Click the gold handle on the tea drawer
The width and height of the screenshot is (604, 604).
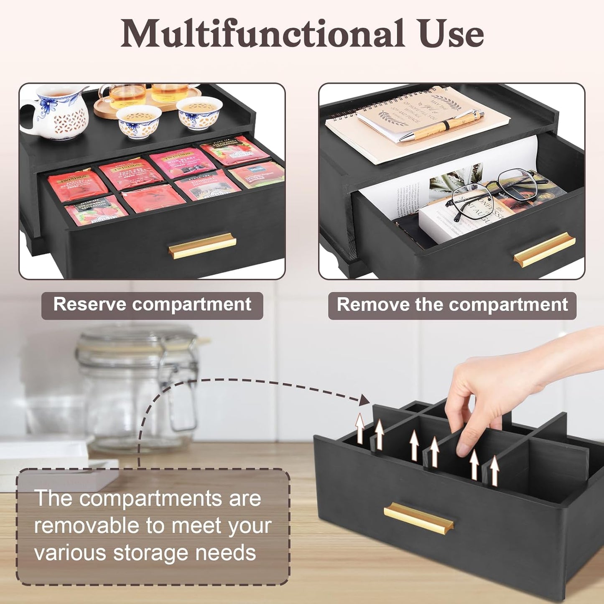point(202,247)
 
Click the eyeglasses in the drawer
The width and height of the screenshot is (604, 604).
point(493,194)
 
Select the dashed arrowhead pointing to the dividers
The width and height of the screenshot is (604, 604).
point(364,400)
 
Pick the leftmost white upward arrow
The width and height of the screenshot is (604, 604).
point(360,428)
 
